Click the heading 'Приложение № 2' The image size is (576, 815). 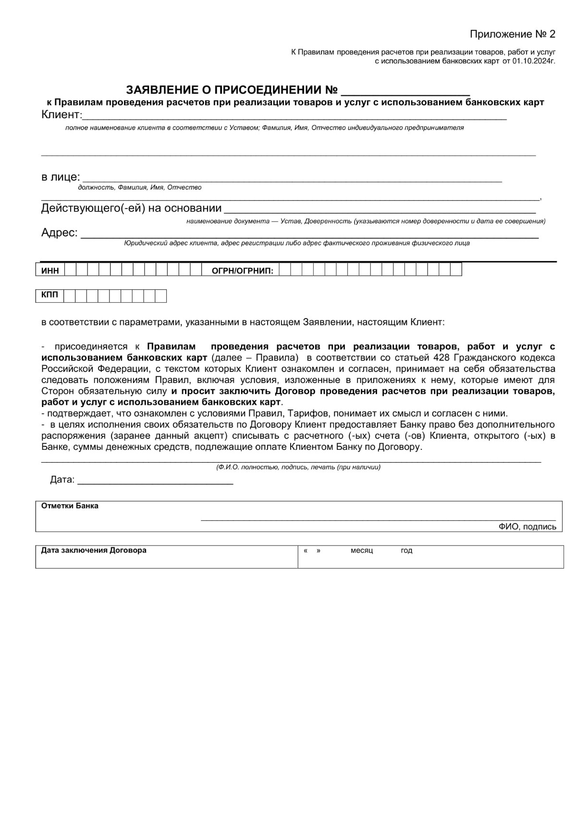tap(512, 34)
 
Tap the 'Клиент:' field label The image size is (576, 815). tap(62, 115)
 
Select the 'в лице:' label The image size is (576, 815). tap(61, 177)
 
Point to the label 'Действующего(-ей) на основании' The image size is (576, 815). tap(131, 208)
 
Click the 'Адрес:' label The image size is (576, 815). tap(59, 233)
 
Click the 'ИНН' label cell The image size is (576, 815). tap(50, 271)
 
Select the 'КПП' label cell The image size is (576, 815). tap(49, 295)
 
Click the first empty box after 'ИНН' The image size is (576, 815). tap(70, 270)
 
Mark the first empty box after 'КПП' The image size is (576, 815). tap(70, 296)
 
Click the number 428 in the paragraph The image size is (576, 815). tap(441, 358)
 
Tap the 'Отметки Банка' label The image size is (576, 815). tap(70, 506)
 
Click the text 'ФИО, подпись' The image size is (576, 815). tap(527, 527)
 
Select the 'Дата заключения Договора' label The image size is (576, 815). tap(94, 550)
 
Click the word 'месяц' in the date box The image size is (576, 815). tap(361, 551)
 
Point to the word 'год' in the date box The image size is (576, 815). tap(406, 551)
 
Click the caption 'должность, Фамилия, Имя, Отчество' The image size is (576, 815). tap(139, 188)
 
